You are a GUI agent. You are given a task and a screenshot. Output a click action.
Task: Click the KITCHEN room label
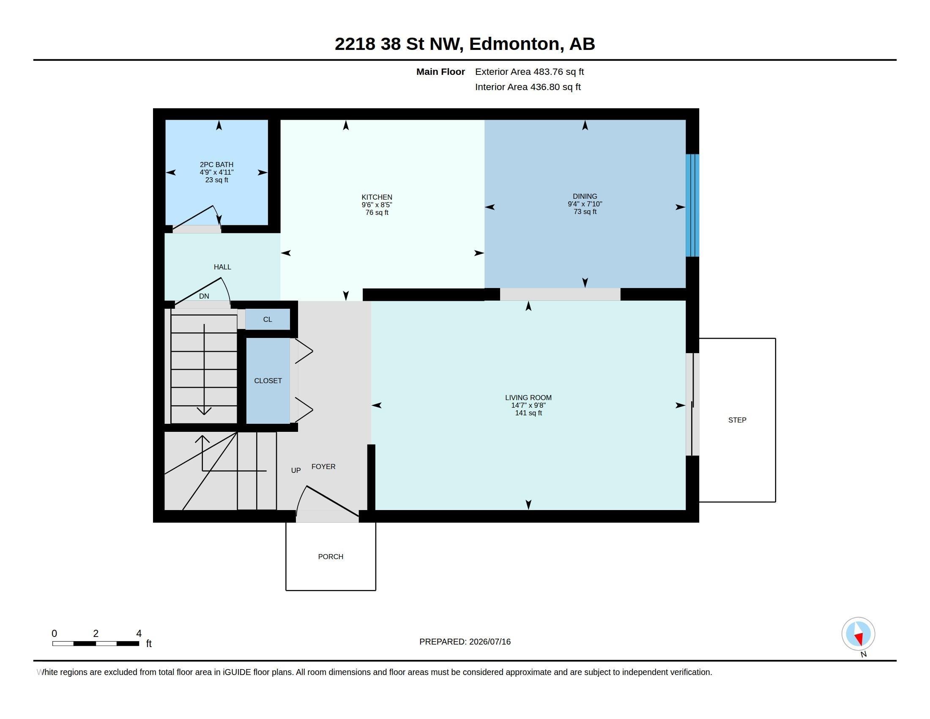tap(376, 197)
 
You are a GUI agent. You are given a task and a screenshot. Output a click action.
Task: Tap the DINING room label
tap(585, 196)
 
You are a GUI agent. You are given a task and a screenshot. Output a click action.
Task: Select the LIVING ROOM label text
tap(528, 398)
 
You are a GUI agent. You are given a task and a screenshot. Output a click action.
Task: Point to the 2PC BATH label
tap(216, 165)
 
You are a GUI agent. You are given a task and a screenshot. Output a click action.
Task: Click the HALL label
tap(222, 267)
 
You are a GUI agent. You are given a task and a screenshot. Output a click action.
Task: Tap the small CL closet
tap(268, 319)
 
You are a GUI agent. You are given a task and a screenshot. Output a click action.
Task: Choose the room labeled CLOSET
tap(268, 380)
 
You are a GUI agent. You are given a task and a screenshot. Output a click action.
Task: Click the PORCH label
tap(331, 557)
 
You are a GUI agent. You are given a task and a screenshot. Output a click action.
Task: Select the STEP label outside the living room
tap(737, 420)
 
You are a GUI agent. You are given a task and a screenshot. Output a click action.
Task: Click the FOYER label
tap(323, 467)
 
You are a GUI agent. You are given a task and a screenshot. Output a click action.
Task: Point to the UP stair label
tap(295, 470)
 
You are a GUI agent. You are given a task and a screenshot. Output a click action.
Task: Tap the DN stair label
tap(204, 296)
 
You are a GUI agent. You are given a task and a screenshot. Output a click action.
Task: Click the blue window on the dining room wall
tap(692, 205)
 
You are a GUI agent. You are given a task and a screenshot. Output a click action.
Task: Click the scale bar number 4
tap(139, 634)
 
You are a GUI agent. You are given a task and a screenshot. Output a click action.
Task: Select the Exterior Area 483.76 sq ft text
tap(529, 71)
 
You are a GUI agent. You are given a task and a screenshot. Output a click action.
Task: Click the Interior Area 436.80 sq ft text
tap(528, 87)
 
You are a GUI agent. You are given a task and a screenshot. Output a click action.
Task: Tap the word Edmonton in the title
tap(514, 44)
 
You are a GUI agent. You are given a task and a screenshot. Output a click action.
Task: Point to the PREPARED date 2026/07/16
tap(490, 642)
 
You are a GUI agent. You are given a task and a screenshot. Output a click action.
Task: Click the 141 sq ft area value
tap(528, 413)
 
